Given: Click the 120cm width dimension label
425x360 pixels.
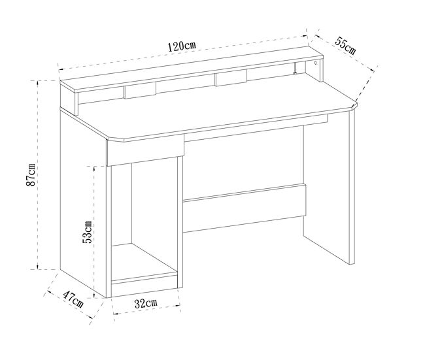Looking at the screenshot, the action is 182,46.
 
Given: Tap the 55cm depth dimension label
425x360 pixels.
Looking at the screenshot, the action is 345,45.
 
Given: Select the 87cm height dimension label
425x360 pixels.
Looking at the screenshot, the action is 31,174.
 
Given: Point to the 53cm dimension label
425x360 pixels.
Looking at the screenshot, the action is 87,232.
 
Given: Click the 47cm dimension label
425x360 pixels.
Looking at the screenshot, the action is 73,299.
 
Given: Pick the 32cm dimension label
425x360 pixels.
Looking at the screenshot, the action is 146,303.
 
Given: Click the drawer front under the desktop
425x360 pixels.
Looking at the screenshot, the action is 146,151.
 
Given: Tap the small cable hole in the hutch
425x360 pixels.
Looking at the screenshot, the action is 316,63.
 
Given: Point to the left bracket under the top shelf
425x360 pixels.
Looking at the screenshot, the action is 140,90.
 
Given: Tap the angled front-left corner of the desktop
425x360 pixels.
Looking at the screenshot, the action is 115,139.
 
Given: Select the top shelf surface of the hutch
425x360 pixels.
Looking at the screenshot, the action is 192,69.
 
